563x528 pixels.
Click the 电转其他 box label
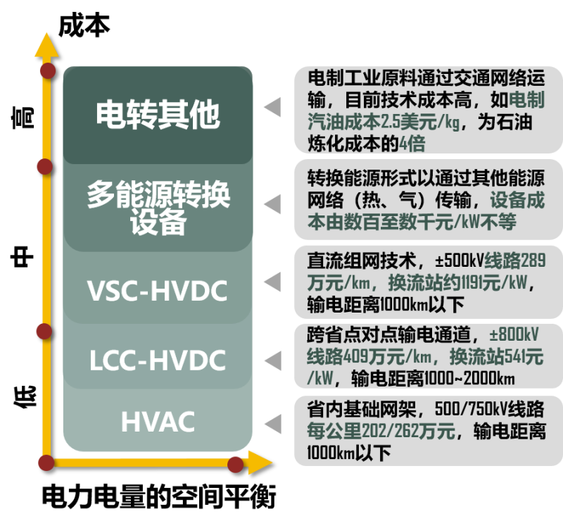point(158,115)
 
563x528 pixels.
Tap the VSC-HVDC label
point(158,290)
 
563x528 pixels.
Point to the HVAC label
point(158,422)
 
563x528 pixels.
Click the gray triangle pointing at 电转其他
point(272,107)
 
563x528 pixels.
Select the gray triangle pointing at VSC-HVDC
point(272,282)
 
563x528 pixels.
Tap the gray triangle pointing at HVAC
point(272,424)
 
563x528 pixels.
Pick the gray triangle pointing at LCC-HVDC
point(272,360)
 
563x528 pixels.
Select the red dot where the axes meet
point(46,463)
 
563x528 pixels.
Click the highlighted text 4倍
point(412,144)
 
